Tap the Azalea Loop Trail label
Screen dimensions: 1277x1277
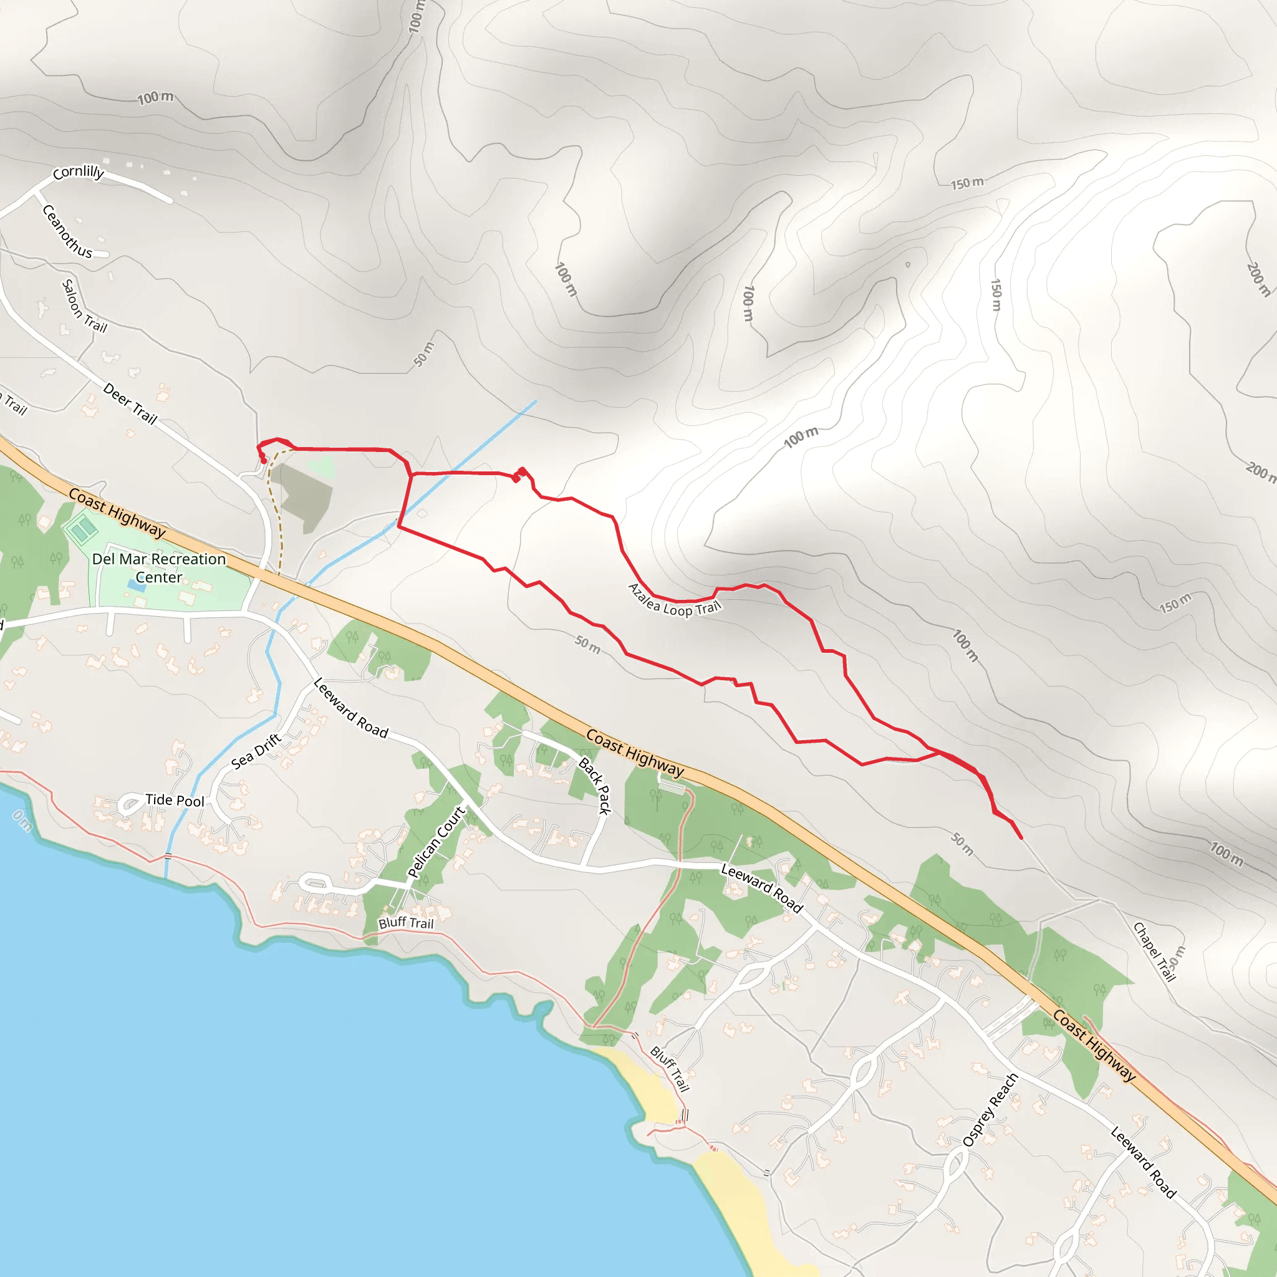673,600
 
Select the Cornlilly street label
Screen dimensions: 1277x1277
79,173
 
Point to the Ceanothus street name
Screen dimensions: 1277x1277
67,231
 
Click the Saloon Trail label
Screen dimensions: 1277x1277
84,306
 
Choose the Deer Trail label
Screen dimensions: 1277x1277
130,403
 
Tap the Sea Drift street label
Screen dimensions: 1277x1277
256,751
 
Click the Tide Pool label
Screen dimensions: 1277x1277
175,801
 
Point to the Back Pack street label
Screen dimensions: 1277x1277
595,786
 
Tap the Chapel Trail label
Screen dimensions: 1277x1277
1154,952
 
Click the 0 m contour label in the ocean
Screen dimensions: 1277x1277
22,821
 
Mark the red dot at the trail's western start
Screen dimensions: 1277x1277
264,461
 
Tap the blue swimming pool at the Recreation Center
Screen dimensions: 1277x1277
140,587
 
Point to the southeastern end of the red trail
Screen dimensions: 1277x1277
1021,838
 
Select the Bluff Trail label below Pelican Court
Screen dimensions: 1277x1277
406,923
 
